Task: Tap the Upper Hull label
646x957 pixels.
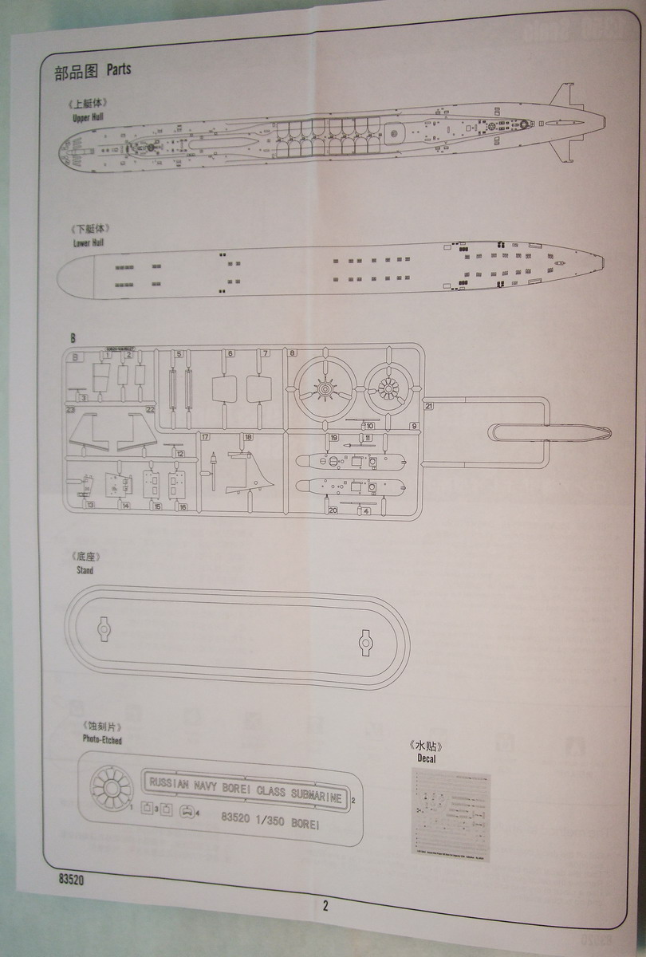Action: click(x=88, y=116)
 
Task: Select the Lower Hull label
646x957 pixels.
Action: click(x=88, y=242)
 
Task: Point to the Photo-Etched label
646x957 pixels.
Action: click(x=102, y=739)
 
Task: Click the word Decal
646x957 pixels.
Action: click(x=426, y=758)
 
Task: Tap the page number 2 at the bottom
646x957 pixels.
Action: click(x=325, y=905)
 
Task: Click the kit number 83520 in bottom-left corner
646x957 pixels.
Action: click(x=71, y=881)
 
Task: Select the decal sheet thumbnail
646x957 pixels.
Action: click(x=451, y=812)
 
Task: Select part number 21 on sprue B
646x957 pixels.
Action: click(x=429, y=406)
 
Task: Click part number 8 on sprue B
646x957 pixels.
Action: click(x=292, y=353)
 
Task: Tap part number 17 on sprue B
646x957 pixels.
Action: click(x=205, y=437)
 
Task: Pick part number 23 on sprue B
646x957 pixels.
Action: click(x=71, y=409)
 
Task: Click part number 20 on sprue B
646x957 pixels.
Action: click(x=333, y=510)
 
